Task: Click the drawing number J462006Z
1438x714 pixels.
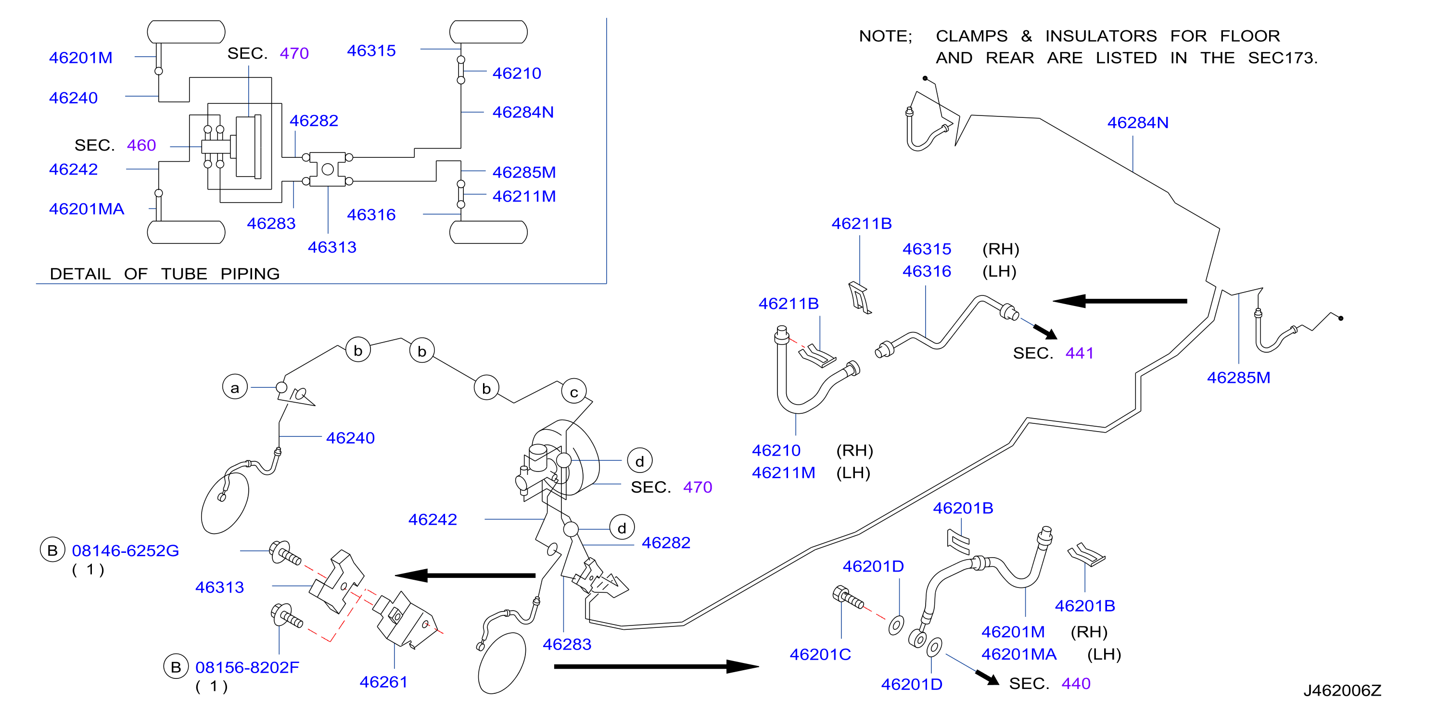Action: tap(1342, 690)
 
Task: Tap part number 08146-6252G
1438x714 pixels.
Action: tap(126, 550)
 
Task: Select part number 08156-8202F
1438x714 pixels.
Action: tap(247, 667)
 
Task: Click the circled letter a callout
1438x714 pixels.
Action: tap(235, 387)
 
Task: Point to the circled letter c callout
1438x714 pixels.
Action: tap(574, 392)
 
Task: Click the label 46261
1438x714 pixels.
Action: tap(383, 682)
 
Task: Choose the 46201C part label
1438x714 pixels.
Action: tap(820, 654)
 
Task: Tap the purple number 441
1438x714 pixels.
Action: tap(1079, 353)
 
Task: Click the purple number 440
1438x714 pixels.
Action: tap(1076, 683)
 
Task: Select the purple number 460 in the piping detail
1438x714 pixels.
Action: tap(141, 145)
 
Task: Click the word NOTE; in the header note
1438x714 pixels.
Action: tap(885, 36)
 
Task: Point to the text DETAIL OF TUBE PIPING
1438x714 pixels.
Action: tap(165, 274)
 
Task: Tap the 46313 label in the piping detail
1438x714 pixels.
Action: tap(332, 247)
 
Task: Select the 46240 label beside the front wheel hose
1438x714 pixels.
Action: tap(351, 438)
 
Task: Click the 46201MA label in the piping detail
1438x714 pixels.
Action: tap(87, 209)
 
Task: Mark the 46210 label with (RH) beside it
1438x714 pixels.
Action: tap(776, 450)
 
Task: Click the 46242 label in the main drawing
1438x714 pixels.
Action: tap(433, 519)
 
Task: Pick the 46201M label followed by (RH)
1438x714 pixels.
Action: tap(1013, 631)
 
